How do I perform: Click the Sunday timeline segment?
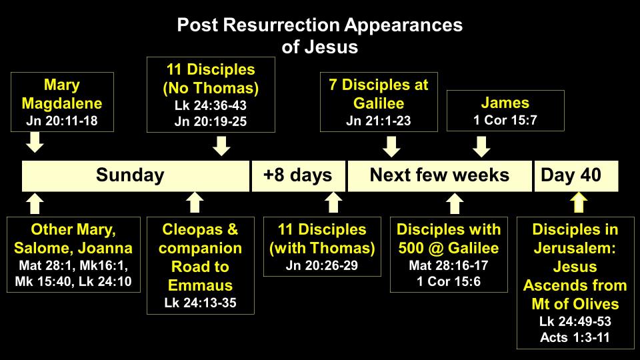coord(135,176)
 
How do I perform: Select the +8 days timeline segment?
coord(299,176)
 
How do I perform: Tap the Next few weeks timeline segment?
coord(439,176)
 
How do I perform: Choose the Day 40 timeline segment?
coord(576,176)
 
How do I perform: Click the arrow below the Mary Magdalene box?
coord(35,143)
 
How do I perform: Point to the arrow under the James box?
coord(481,147)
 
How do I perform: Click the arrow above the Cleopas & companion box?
coord(195,202)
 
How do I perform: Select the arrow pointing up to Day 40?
coord(579,202)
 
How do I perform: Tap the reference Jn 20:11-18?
coord(62,121)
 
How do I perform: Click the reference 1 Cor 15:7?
coord(505,120)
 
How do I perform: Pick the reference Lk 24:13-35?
coord(201,303)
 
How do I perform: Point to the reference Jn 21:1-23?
coord(379,121)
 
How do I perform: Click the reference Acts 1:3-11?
coord(575,337)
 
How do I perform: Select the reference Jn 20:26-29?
coord(322,266)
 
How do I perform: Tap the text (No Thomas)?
coord(211,88)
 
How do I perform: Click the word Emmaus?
coord(201,285)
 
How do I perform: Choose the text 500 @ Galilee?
coord(449,248)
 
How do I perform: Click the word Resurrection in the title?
coord(281,25)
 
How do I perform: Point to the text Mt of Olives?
coord(575,304)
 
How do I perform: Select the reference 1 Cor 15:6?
coord(449,281)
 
